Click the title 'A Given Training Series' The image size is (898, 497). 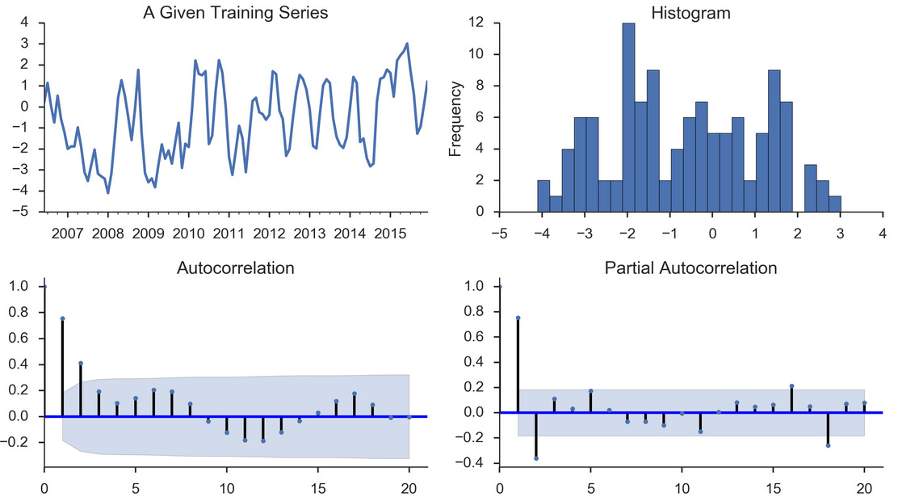(x=235, y=13)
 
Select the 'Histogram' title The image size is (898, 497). (x=690, y=13)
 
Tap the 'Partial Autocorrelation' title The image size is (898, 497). (x=690, y=267)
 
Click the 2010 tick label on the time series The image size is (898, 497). (x=188, y=234)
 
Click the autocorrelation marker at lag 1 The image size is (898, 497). (x=62, y=318)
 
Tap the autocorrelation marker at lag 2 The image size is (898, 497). (x=81, y=364)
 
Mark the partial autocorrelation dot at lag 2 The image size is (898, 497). (x=536, y=458)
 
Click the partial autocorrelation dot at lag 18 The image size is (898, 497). (x=828, y=445)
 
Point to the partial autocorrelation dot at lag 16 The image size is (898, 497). (x=791, y=386)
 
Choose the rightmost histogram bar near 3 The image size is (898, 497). (x=835, y=204)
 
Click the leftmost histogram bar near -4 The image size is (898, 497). (x=543, y=196)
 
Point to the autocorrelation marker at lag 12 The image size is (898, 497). (x=263, y=440)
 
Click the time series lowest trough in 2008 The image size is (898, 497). (x=108, y=192)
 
